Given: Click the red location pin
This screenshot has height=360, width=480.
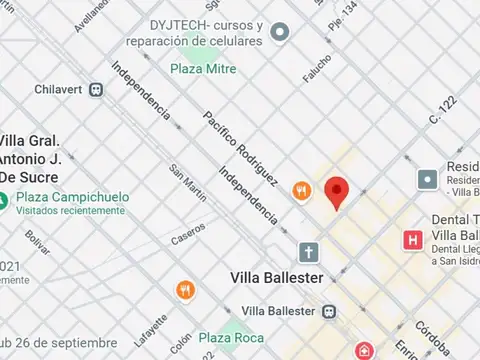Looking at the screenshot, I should click(x=338, y=191).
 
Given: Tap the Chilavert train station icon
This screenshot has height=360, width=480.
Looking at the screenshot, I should click(x=96, y=89).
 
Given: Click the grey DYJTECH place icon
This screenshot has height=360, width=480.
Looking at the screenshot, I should click(x=282, y=33).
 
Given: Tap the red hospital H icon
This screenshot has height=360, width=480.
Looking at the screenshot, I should click(x=411, y=239).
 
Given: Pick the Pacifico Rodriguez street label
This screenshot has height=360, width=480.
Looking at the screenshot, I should click(x=240, y=146).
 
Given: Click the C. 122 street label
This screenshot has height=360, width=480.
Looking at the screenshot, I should click(x=442, y=111).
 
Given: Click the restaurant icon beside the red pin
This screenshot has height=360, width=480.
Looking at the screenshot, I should click(x=300, y=190).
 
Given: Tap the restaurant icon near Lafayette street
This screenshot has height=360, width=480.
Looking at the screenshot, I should click(x=185, y=290).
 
